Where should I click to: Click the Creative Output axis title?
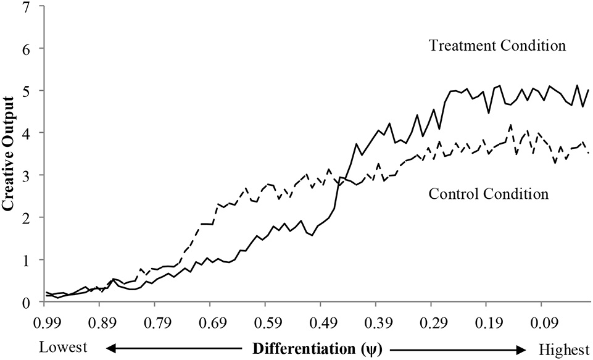click(10, 155)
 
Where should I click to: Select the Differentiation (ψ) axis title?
click(317, 348)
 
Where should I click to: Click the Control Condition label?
click(487, 193)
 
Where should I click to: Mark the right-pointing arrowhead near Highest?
click(524, 349)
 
